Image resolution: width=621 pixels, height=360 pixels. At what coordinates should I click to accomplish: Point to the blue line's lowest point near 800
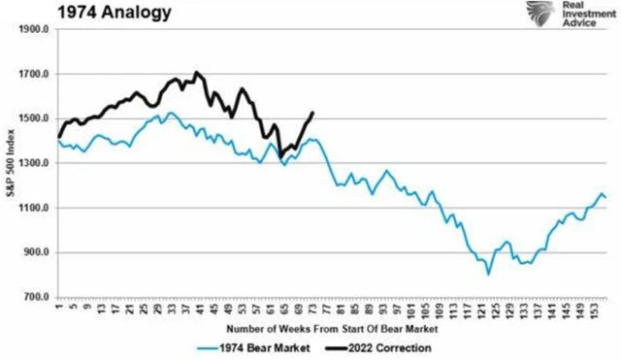coord(488,275)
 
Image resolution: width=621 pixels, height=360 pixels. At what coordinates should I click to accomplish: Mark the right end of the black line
coord(312,113)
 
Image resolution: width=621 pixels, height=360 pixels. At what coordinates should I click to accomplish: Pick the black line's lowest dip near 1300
coord(280,156)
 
